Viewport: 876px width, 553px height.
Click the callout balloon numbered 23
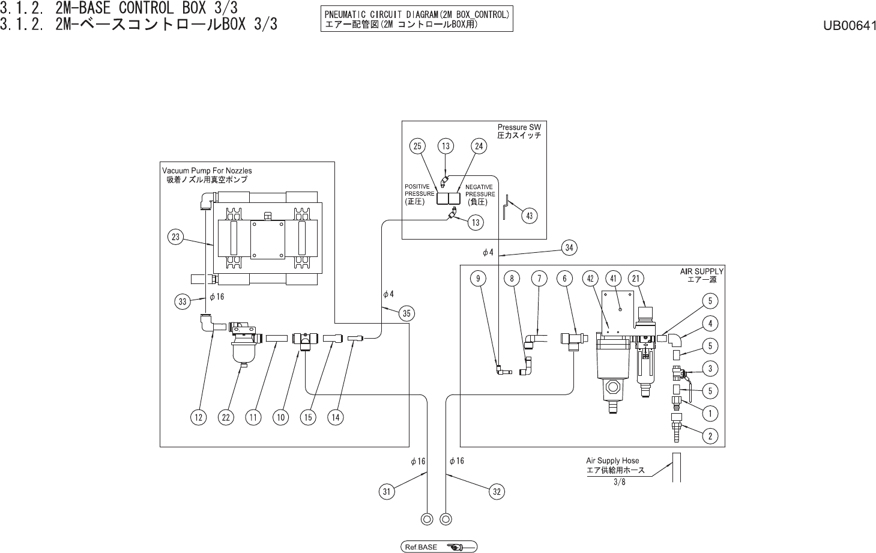click(x=176, y=237)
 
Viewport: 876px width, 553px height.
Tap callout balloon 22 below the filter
click(x=226, y=417)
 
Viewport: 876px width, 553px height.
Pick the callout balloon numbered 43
click(x=529, y=216)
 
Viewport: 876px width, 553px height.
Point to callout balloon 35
click(x=406, y=313)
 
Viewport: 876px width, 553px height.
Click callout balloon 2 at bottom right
click(x=710, y=437)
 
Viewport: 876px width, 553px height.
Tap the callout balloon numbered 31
click(x=387, y=492)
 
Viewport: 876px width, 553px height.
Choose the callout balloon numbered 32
click(x=497, y=492)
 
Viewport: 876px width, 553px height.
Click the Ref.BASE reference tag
click(x=439, y=547)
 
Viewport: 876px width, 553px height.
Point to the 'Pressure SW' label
click(x=519, y=127)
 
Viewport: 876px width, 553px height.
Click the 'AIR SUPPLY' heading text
click(x=702, y=271)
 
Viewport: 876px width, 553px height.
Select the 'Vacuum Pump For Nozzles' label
click(x=207, y=171)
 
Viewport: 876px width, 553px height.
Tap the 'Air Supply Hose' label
click(x=612, y=461)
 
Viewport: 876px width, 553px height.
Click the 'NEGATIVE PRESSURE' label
click(x=480, y=190)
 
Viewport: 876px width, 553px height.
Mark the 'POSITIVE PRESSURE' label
click(x=419, y=190)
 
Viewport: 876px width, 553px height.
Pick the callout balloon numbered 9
click(x=478, y=278)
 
